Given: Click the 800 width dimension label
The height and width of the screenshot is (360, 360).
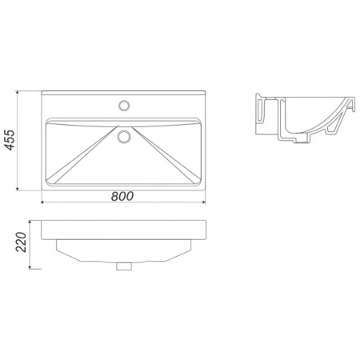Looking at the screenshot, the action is (x=122, y=196).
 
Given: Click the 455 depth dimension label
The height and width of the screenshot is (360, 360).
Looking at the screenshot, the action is (x=10, y=140).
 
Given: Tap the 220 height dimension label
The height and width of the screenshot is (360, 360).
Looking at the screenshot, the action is (x=22, y=242).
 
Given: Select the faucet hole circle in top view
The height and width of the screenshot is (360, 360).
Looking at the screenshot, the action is (x=124, y=105).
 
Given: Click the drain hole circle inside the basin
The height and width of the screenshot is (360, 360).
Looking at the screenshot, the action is (x=124, y=136).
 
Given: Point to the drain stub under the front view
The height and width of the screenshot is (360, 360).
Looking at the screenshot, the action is (x=124, y=266).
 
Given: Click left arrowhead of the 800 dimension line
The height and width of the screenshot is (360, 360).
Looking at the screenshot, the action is (x=43, y=202).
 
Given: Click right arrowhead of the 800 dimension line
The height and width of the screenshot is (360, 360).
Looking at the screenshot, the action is (x=204, y=202).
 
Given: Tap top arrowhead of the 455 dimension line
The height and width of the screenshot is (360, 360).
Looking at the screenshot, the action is (x=18, y=93).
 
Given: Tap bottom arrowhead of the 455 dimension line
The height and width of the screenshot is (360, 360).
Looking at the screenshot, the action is (x=18, y=189).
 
